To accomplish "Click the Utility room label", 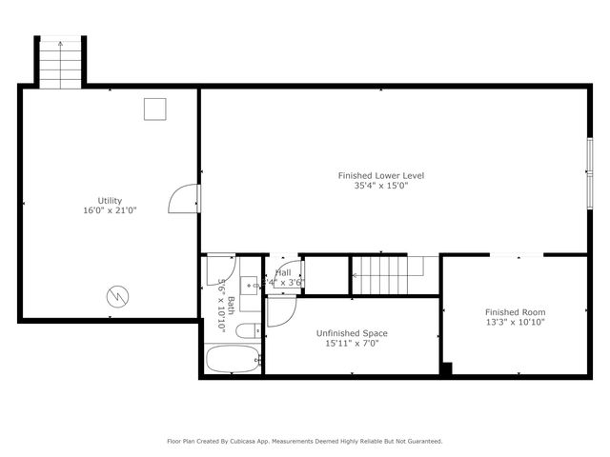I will pyautogui.click(x=110, y=201).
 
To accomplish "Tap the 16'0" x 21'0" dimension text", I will pyautogui.click(x=110, y=210).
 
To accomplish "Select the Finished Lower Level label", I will pyautogui.click(x=381, y=175).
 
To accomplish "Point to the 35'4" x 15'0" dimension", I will pyautogui.click(x=381, y=186).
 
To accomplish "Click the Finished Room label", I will pyautogui.click(x=516, y=312).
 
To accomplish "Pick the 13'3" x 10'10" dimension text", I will pyautogui.click(x=516, y=322).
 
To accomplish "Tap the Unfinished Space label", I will pyautogui.click(x=352, y=333).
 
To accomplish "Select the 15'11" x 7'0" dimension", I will pyautogui.click(x=352, y=343).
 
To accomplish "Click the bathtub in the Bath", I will pyautogui.click(x=233, y=360).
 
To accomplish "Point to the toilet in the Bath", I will pyautogui.click(x=246, y=331).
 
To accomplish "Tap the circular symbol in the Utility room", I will pyautogui.click(x=116, y=296).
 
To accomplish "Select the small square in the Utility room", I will pyautogui.click(x=154, y=109).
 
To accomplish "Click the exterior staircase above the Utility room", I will pyautogui.click(x=61, y=62).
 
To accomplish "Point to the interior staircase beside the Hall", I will pyautogui.click(x=381, y=275).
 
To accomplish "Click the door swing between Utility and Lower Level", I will pyautogui.click(x=183, y=198).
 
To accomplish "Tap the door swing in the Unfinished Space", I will pyautogui.click(x=281, y=310).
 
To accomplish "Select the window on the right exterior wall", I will pyautogui.click(x=589, y=171).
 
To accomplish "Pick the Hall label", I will pyautogui.click(x=283, y=273).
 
